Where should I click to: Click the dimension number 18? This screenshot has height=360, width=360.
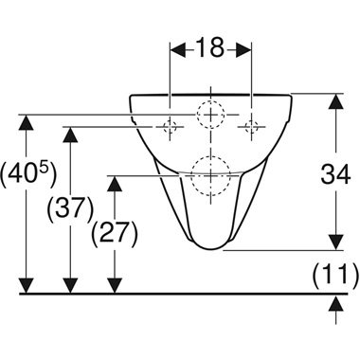pyautogui.click(x=209, y=47)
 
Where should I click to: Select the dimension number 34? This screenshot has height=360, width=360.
pyautogui.click(x=335, y=174)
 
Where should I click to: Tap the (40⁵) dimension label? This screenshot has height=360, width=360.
pyautogui.click(x=29, y=174)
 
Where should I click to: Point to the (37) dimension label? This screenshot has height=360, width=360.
pyautogui.click(x=70, y=207)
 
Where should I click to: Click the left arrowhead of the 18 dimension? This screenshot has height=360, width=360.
pyautogui.click(x=178, y=49)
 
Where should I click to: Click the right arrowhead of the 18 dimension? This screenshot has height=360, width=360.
pyautogui.click(x=243, y=49)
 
